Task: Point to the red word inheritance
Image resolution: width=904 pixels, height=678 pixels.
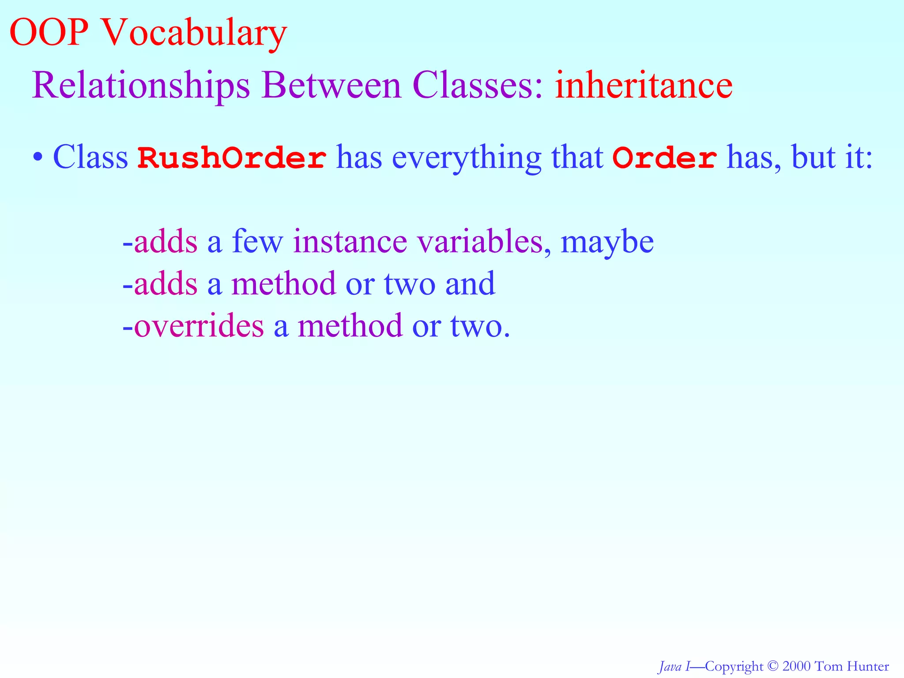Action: pyautogui.click(x=644, y=85)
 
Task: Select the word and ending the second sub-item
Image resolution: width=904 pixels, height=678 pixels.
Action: pyautogui.click(x=470, y=284)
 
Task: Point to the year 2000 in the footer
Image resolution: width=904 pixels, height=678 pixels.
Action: pyautogui.click(x=796, y=666)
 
